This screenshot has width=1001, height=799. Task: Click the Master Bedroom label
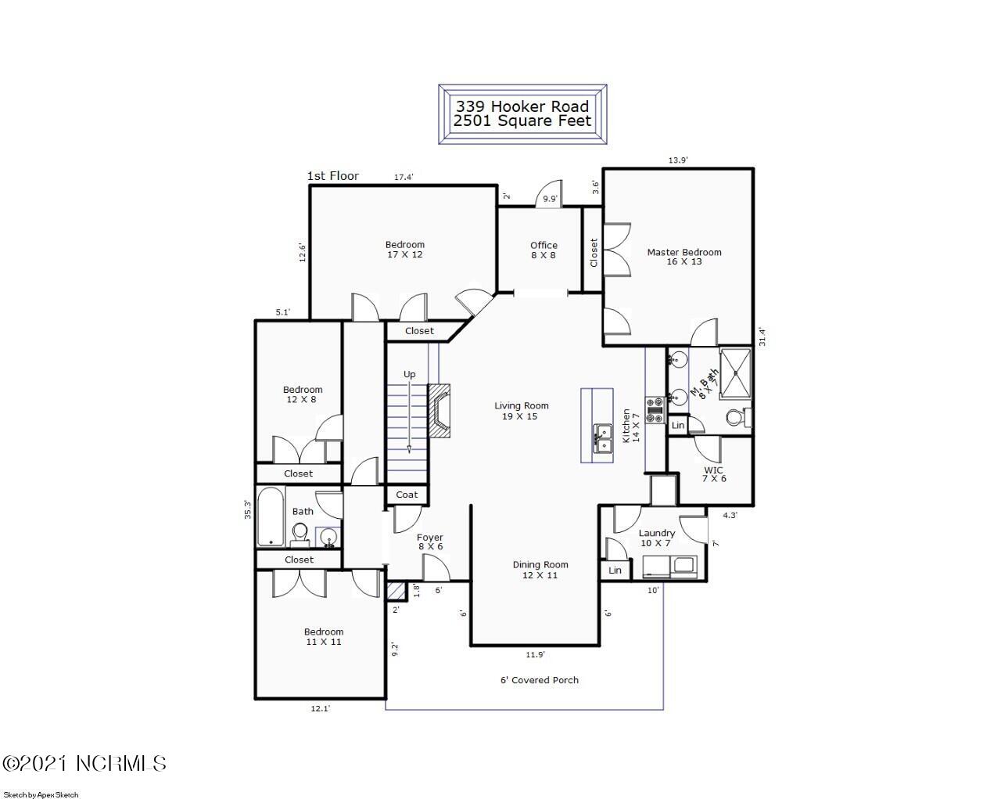click(683, 257)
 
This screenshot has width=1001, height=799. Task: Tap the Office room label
click(544, 250)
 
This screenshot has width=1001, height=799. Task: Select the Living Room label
click(521, 411)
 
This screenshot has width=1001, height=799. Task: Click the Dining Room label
click(540, 570)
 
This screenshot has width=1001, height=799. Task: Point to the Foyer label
click(429, 542)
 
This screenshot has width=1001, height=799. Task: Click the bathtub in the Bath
click(271, 517)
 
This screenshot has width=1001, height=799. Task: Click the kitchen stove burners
click(655, 405)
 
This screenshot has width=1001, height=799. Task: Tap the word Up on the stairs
click(409, 374)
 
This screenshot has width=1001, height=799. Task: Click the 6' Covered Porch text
click(540, 680)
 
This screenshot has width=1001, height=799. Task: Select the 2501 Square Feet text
click(522, 121)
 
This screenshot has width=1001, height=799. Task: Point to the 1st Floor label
click(333, 176)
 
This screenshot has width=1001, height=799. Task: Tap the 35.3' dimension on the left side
click(248, 509)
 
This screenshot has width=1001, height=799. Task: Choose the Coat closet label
click(407, 495)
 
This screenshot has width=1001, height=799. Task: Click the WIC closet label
click(713, 474)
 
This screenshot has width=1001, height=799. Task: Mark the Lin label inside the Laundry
click(615, 570)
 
